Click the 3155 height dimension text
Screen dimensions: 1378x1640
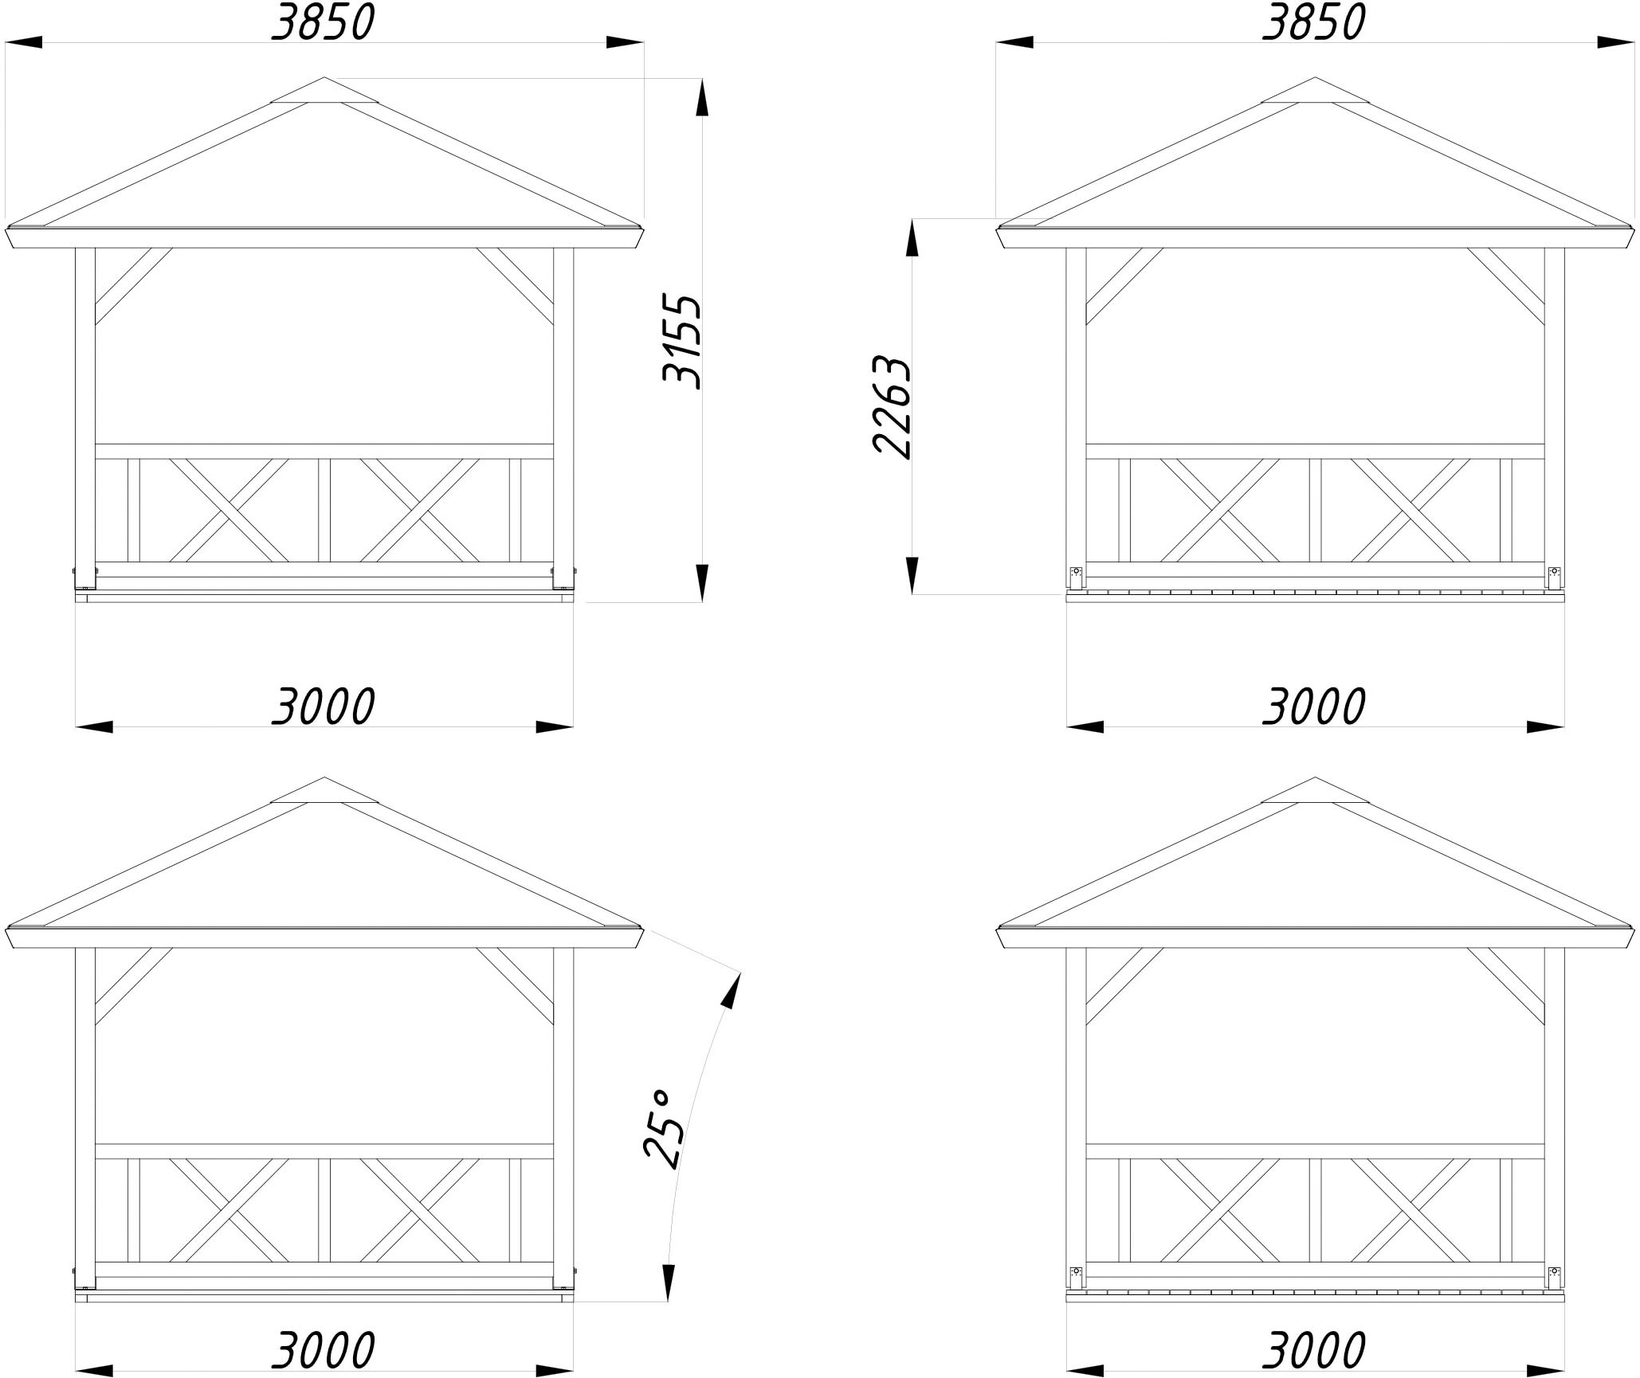682,342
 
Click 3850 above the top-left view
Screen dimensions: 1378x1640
323,22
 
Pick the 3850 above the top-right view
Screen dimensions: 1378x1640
1314,22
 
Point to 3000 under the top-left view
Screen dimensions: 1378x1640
323,707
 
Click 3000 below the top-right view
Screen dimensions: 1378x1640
1314,707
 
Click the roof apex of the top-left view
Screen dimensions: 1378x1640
324,78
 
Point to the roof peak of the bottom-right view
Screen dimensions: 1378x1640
1315,778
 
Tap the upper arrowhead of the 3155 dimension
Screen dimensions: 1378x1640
701,97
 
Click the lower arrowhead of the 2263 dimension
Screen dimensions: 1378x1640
912,575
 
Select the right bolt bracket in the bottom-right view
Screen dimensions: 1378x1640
1554,1277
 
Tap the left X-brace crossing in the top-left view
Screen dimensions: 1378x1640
230,510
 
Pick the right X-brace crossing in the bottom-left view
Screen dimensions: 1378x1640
419,1210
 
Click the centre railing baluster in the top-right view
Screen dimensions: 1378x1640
1315,510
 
